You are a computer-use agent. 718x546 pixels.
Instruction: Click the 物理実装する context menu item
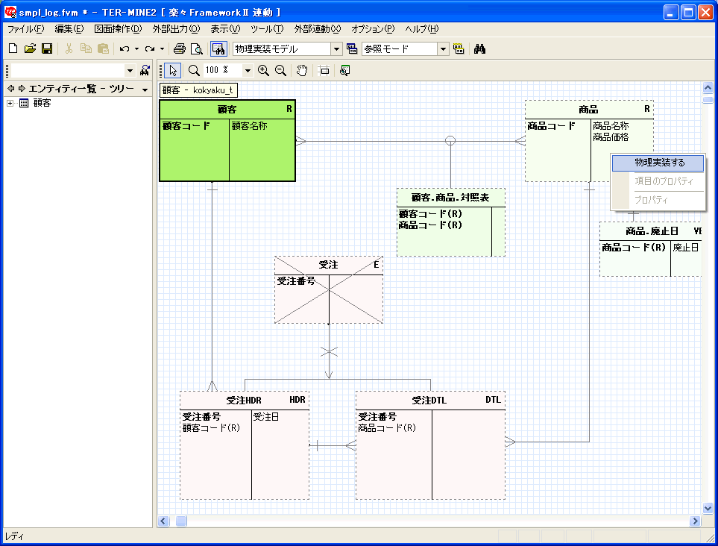tap(658, 163)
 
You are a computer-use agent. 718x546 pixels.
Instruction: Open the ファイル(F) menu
tap(25, 29)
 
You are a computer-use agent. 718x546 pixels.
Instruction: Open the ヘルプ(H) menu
tap(422, 29)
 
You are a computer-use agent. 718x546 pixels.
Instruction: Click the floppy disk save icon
tap(47, 48)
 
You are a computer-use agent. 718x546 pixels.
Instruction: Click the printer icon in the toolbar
tap(180, 48)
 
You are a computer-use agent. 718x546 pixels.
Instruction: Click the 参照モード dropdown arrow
tap(443, 49)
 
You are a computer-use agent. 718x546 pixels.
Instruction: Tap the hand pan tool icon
tap(302, 71)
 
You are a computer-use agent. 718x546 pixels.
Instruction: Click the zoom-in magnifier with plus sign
tap(263, 71)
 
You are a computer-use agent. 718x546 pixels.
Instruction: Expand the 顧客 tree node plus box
tap(10, 103)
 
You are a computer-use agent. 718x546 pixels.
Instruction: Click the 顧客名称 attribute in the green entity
tap(250, 125)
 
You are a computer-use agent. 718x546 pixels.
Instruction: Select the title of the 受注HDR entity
tap(244, 401)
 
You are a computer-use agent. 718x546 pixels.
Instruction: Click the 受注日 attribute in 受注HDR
tap(266, 417)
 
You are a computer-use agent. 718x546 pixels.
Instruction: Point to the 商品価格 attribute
tap(611, 137)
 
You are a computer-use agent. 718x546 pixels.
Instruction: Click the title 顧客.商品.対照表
tap(450, 198)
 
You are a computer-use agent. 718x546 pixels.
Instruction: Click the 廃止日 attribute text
tap(685, 248)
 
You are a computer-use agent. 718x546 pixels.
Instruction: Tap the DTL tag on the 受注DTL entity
tap(493, 400)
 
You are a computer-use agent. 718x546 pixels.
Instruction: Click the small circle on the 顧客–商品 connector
tap(450, 141)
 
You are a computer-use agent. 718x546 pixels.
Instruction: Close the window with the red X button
tap(705, 13)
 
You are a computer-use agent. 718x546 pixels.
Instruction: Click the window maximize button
tap(688, 13)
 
